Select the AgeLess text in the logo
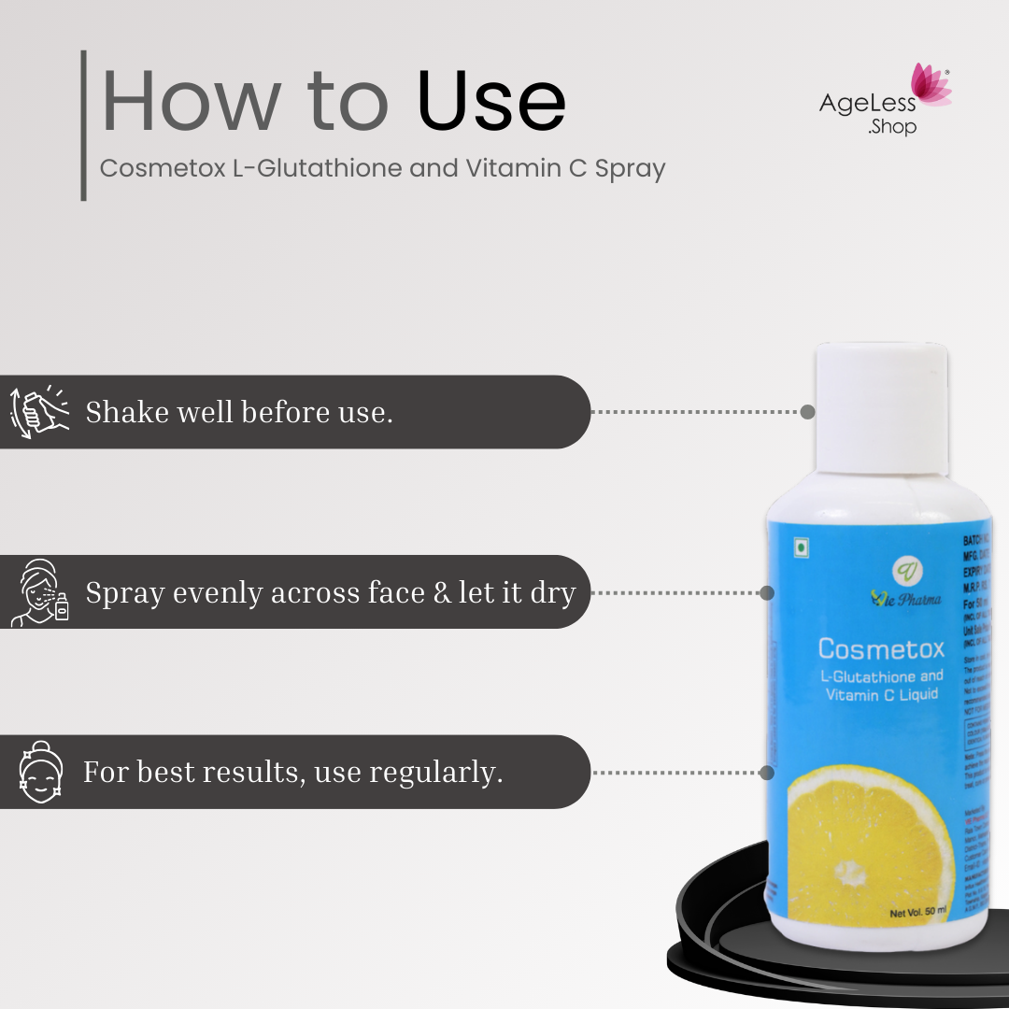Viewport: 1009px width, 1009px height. tap(868, 104)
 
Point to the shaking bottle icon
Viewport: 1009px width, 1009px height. tap(39, 412)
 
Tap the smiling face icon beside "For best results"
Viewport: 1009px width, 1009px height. tap(40, 772)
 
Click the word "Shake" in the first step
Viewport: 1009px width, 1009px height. tap(125, 412)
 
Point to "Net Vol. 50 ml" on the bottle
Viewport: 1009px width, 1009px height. tap(917, 912)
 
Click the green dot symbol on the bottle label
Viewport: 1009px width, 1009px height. tap(802, 547)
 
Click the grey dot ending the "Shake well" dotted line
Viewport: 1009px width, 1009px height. tap(807, 412)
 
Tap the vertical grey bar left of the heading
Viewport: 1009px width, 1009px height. tap(84, 125)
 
